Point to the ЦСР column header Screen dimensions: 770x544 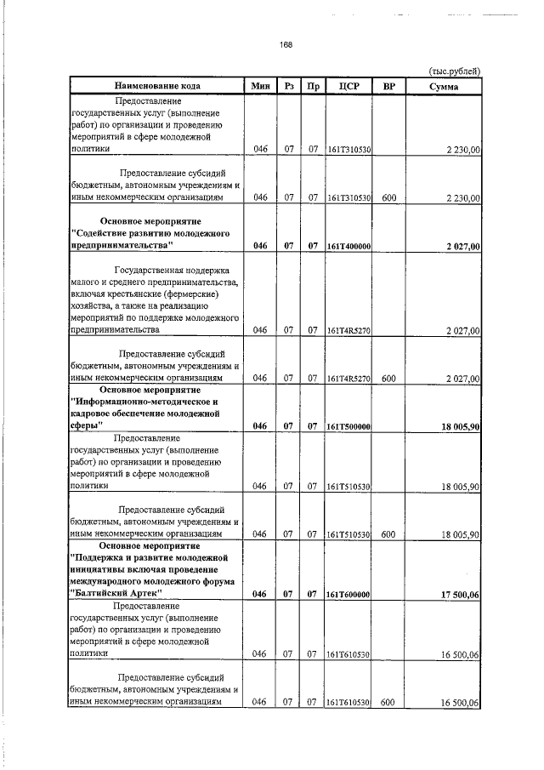[x=349, y=85]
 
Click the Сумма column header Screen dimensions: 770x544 [x=444, y=85]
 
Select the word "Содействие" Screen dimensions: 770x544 [x=104, y=232]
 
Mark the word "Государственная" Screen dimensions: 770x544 [x=154, y=272]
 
